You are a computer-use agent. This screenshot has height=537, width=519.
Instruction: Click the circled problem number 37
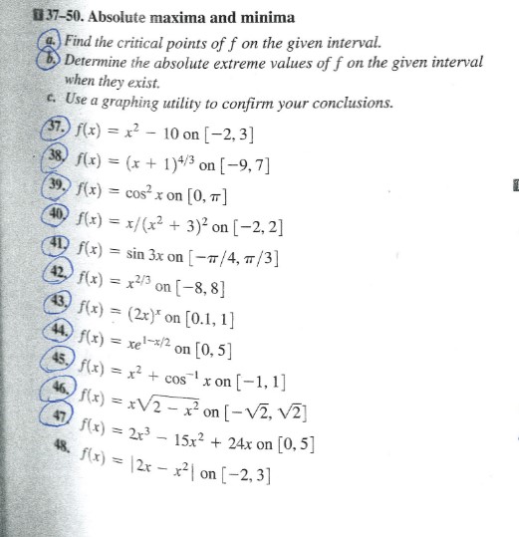46,135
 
